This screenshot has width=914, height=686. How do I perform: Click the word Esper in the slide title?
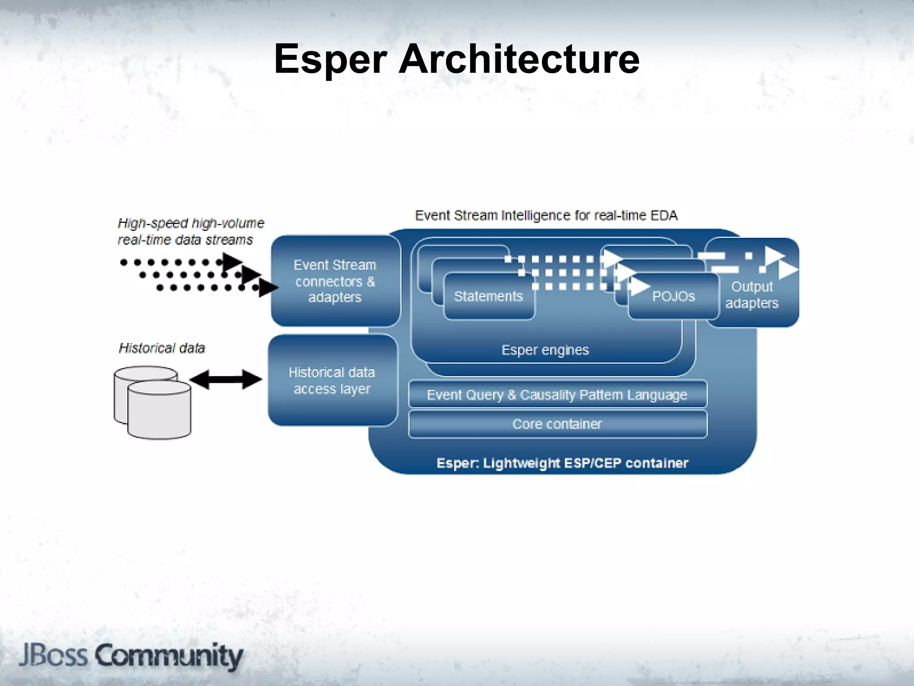click(330, 59)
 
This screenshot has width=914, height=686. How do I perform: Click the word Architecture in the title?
click(519, 59)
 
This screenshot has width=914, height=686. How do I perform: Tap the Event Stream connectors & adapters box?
click(335, 281)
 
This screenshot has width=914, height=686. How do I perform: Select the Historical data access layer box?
click(332, 381)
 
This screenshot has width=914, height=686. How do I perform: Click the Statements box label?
click(488, 297)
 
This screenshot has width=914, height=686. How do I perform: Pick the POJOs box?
click(673, 297)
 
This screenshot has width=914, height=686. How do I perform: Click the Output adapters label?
click(752, 295)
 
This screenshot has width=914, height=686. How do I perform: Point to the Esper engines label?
click(545, 350)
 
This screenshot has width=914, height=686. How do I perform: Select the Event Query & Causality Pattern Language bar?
click(557, 395)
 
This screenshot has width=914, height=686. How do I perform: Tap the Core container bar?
click(557, 424)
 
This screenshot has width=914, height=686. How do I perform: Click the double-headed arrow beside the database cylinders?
click(226, 380)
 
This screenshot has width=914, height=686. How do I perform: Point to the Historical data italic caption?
click(162, 348)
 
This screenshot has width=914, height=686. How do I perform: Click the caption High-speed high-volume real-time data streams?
click(191, 231)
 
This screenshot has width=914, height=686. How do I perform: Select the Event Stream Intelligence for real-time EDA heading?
click(546, 216)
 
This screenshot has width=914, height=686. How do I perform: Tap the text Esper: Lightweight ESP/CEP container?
click(562, 463)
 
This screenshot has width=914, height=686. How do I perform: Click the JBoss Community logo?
click(131, 656)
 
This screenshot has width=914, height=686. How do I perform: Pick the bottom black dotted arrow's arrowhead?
click(268, 288)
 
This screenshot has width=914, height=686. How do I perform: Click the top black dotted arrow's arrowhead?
click(231, 262)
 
